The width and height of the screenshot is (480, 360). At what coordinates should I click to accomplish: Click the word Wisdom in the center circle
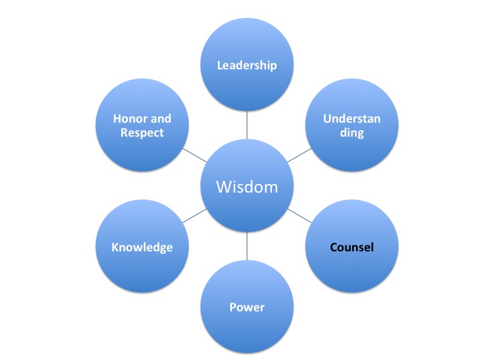click(247, 187)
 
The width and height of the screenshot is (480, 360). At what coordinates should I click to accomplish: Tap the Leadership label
click(247, 65)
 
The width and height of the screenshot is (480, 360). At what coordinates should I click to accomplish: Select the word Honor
click(129, 119)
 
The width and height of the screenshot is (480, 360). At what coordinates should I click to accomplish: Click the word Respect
click(142, 133)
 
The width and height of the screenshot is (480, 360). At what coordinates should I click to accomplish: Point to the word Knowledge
click(142, 247)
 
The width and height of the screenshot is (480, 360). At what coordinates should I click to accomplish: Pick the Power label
click(247, 307)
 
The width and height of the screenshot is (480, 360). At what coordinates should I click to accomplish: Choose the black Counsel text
click(352, 247)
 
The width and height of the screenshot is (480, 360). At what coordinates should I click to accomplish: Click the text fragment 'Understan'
click(352, 119)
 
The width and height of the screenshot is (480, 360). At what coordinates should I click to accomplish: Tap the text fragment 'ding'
click(352, 133)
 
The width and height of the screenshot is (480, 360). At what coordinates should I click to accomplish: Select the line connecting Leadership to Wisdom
click(247, 125)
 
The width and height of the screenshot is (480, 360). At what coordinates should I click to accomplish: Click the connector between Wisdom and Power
click(247, 246)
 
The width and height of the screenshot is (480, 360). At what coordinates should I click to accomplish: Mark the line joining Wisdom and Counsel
click(299, 216)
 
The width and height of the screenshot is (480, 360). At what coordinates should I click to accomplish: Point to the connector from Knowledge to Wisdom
click(195, 216)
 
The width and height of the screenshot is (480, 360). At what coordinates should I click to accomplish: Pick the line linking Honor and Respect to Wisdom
click(195, 155)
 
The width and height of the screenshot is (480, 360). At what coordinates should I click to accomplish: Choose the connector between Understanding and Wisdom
click(299, 155)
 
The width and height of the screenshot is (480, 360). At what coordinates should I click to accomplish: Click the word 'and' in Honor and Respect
click(161, 119)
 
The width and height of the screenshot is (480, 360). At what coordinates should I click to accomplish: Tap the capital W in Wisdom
click(223, 187)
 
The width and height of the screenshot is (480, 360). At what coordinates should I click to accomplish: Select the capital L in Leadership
click(219, 65)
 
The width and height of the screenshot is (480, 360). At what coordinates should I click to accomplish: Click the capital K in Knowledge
click(115, 247)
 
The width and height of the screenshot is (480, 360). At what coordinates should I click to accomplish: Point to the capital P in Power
click(233, 307)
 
